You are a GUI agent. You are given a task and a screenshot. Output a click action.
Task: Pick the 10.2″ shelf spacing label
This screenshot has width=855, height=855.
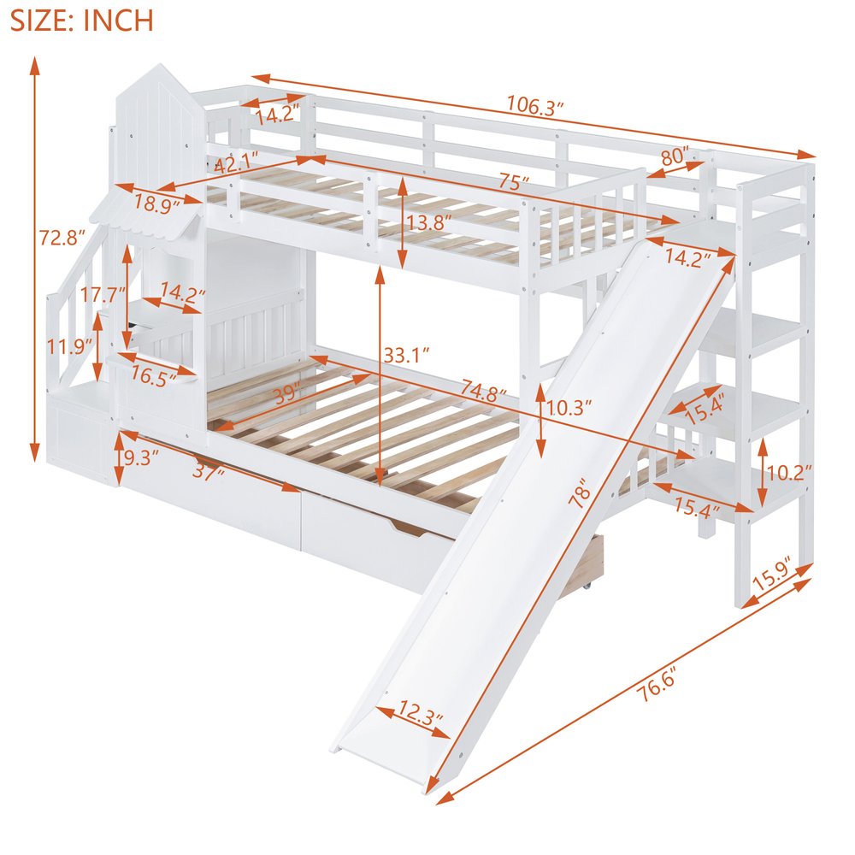tap(789, 472)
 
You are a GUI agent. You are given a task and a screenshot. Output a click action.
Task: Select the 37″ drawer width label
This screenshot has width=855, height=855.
tap(209, 472)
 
